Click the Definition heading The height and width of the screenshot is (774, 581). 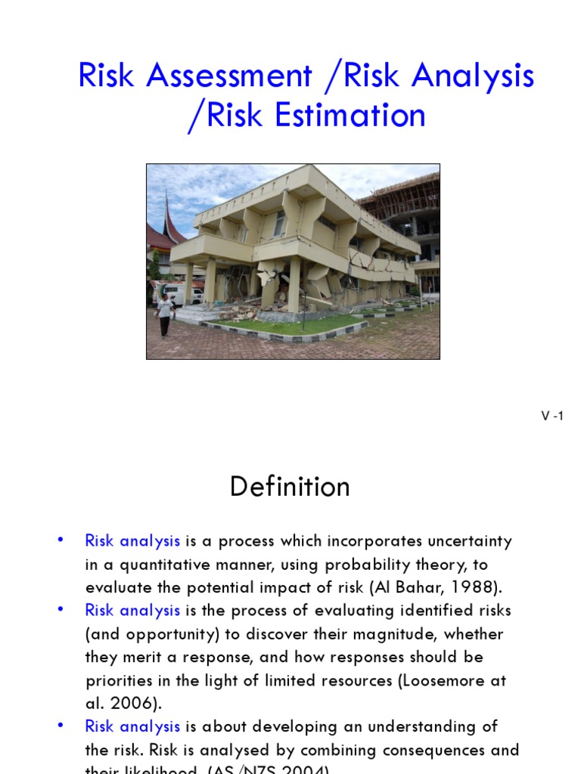tap(290, 487)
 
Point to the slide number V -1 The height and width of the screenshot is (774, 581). tap(552, 416)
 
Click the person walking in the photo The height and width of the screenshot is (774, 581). tap(164, 314)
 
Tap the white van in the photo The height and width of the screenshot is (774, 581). tap(182, 293)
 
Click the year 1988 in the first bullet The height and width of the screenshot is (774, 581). tap(475, 587)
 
